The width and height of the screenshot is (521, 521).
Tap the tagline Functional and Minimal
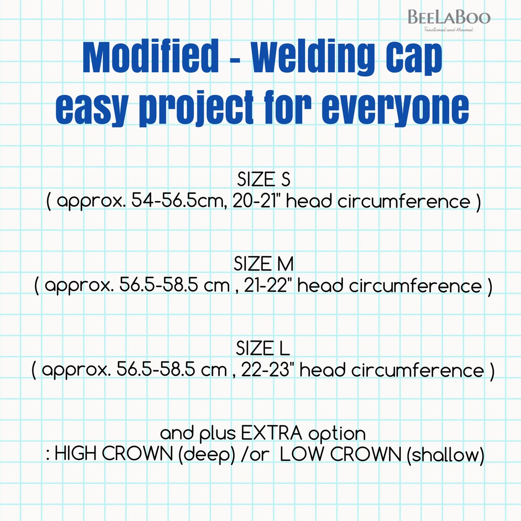point(448,30)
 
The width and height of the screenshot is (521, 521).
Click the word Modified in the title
point(151,57)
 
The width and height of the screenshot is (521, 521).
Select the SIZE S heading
point(263,180)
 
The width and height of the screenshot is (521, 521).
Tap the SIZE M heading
point(263,264)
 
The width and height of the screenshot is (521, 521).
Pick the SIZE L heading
point(263,349)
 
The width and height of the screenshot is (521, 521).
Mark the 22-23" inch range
point(267,370)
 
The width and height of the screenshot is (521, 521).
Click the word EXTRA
point(271,433)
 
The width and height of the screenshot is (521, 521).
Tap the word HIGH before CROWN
point(76,454)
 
